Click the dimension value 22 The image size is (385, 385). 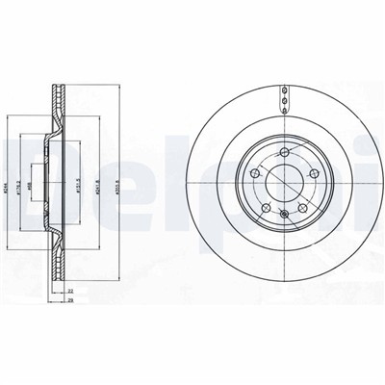pyautogui.click(x=71, y=291)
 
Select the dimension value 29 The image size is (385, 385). pyautogui.click(x=71, y=300)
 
